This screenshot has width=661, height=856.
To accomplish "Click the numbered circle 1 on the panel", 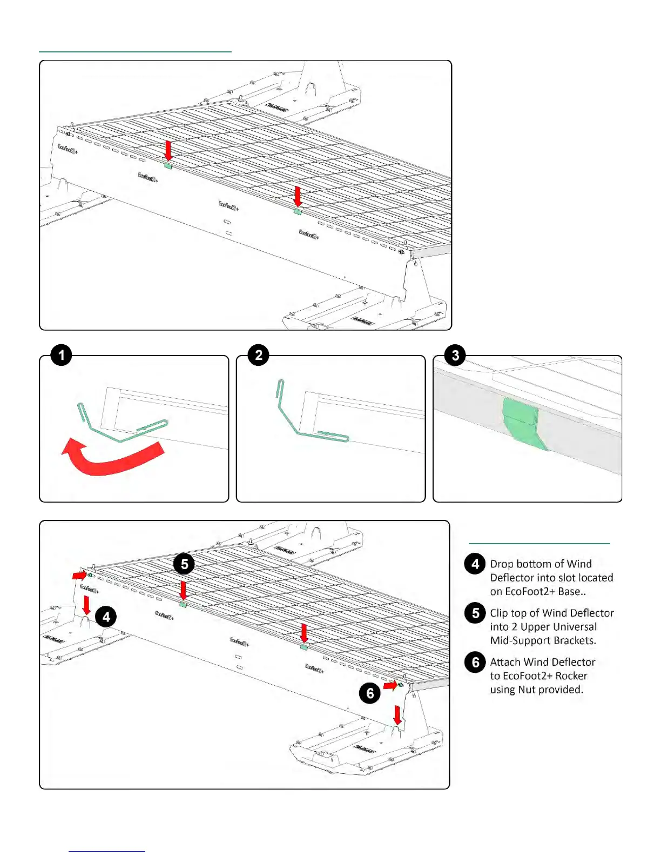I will click(x=61, y=355).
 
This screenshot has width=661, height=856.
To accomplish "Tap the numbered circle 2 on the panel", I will click(x=258, y=355).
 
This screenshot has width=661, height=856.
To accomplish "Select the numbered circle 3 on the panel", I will click(x=455, y=355).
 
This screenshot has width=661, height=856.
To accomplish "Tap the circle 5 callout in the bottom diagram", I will click(x=184, y=564).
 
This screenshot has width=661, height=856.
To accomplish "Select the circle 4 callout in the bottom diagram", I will click(x=106, y=617).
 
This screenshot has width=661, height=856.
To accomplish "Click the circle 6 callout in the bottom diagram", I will click(x=370, y=693).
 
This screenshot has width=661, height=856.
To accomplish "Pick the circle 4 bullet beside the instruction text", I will click(x=475, y=564).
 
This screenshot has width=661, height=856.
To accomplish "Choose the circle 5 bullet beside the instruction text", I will click(x=475, y=613).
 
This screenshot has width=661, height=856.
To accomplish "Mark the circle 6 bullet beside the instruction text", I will click(x=475, y=662).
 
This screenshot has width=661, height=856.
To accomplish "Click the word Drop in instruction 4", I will click(x=501, y=564).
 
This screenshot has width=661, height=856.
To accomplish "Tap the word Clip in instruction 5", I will click(x=499, y=613).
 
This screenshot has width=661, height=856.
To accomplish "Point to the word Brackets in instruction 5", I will click(x=575, y=640).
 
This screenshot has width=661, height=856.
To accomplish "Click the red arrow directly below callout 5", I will click(x=184, y=591).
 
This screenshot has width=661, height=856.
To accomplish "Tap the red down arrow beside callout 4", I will click(x=86, y=605).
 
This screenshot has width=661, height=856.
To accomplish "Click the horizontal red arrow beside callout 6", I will click(x=390, y=685).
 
